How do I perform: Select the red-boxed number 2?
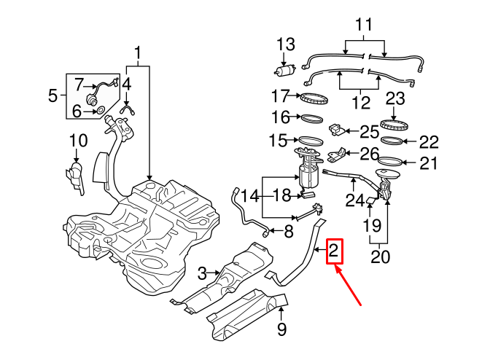pyautogui.click(x=334, y=252)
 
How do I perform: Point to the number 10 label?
pyautogui.click(x=78, y=141)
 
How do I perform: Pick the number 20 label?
pyautogui.click(x=379, y=256)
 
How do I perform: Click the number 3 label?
pyautogui.click(x=202, y=273)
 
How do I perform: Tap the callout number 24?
pyautogui.click(x=354, y=199)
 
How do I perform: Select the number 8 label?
pyautogui.click(x=288, y=232)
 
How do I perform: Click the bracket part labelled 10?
pyautogui.click(x=75, y=176)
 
